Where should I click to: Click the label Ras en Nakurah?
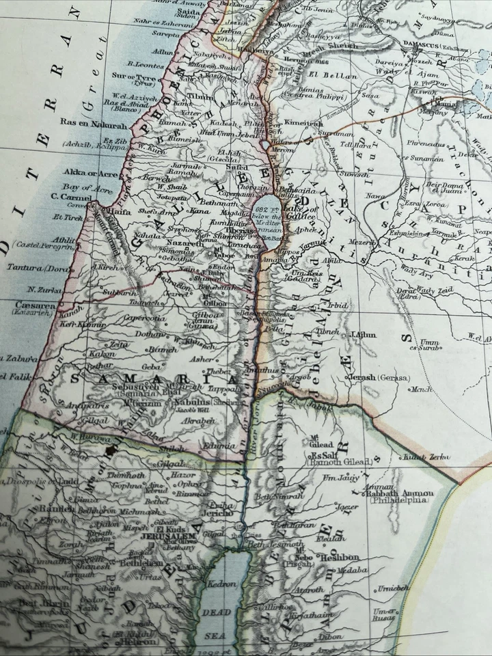(95, 125)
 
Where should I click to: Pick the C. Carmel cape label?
(71, 197)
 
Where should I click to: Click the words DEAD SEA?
(216, 623)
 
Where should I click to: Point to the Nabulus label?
(190, 402)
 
